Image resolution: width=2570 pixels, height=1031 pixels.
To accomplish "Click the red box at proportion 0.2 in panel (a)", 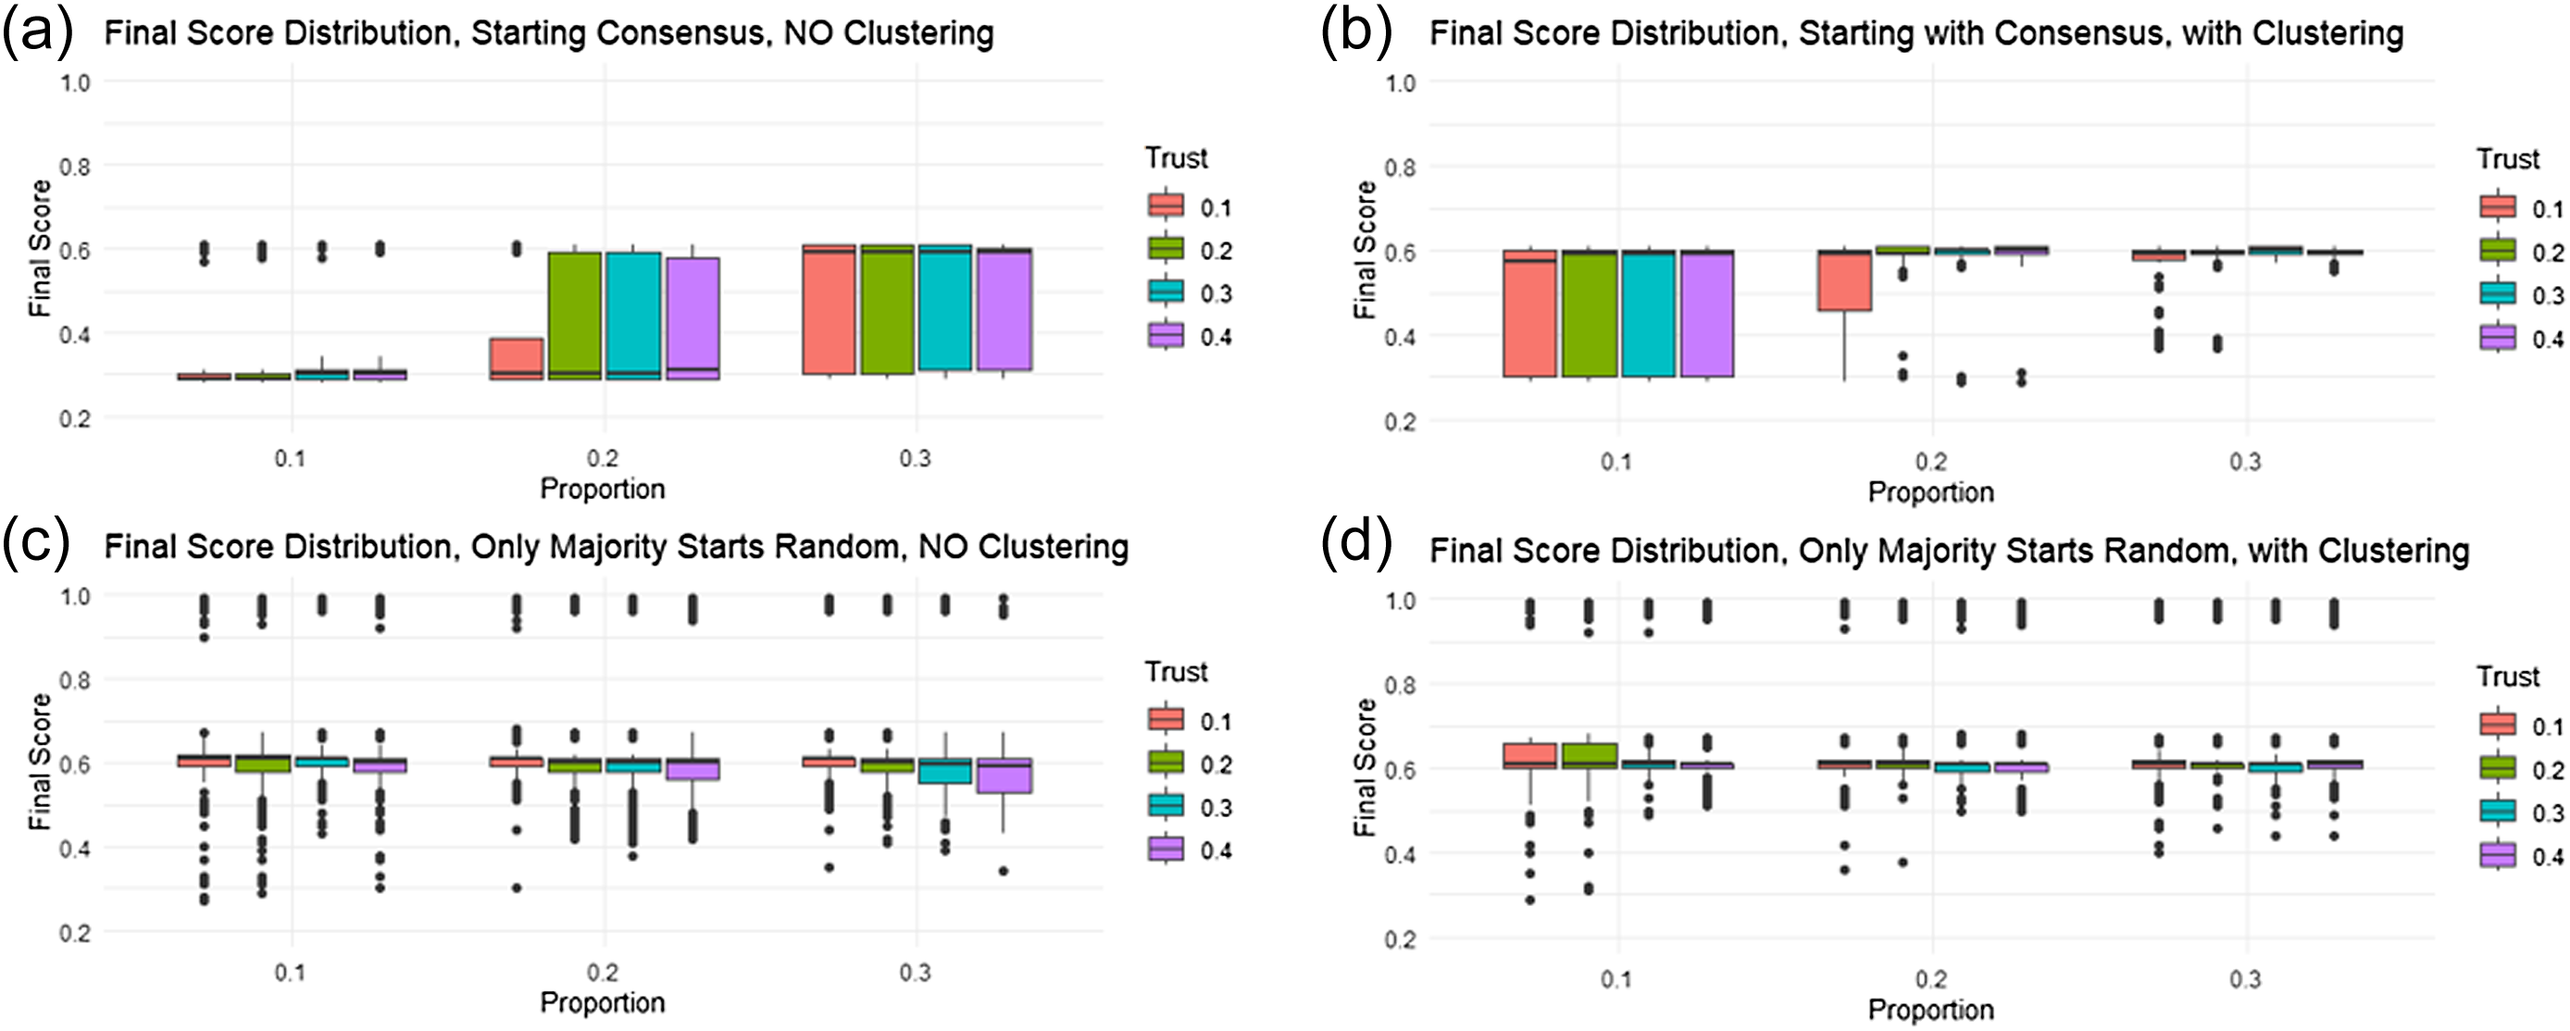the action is (516, 358).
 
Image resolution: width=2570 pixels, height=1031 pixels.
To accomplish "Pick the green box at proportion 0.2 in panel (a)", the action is (575, 315).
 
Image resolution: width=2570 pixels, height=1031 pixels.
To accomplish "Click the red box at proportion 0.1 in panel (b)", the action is (1529, 313).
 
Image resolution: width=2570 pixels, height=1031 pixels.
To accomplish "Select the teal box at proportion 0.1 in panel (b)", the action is (1648, 313).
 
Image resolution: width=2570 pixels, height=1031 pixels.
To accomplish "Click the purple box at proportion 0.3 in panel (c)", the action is (1004, 775).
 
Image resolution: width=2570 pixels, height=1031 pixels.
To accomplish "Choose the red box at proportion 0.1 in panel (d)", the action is (1529, 755).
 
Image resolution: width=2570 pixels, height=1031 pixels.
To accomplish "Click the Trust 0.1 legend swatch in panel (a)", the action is (1166, 205).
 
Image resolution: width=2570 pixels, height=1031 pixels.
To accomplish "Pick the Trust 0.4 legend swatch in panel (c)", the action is (1166, 849).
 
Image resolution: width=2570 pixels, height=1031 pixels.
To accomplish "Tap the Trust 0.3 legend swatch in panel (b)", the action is (2497, 293).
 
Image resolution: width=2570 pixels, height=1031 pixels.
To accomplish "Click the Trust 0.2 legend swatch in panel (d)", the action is (2497, 769).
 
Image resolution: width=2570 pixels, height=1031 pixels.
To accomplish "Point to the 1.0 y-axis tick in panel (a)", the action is (75, 82).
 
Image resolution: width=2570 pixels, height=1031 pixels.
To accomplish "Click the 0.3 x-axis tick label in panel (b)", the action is (2245, 462).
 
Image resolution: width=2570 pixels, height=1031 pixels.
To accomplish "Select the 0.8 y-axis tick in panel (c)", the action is (75, 680).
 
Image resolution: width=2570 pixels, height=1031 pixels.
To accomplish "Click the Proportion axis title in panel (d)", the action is (1930, 1009).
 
